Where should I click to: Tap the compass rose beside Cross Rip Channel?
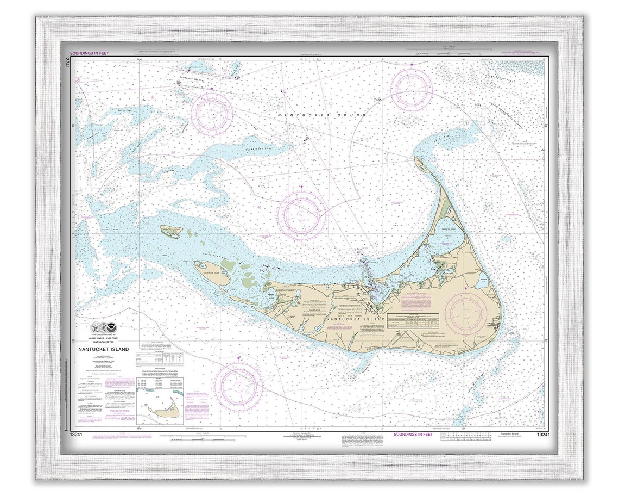tap(212, 113)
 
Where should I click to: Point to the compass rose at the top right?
tap(412, 89)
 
